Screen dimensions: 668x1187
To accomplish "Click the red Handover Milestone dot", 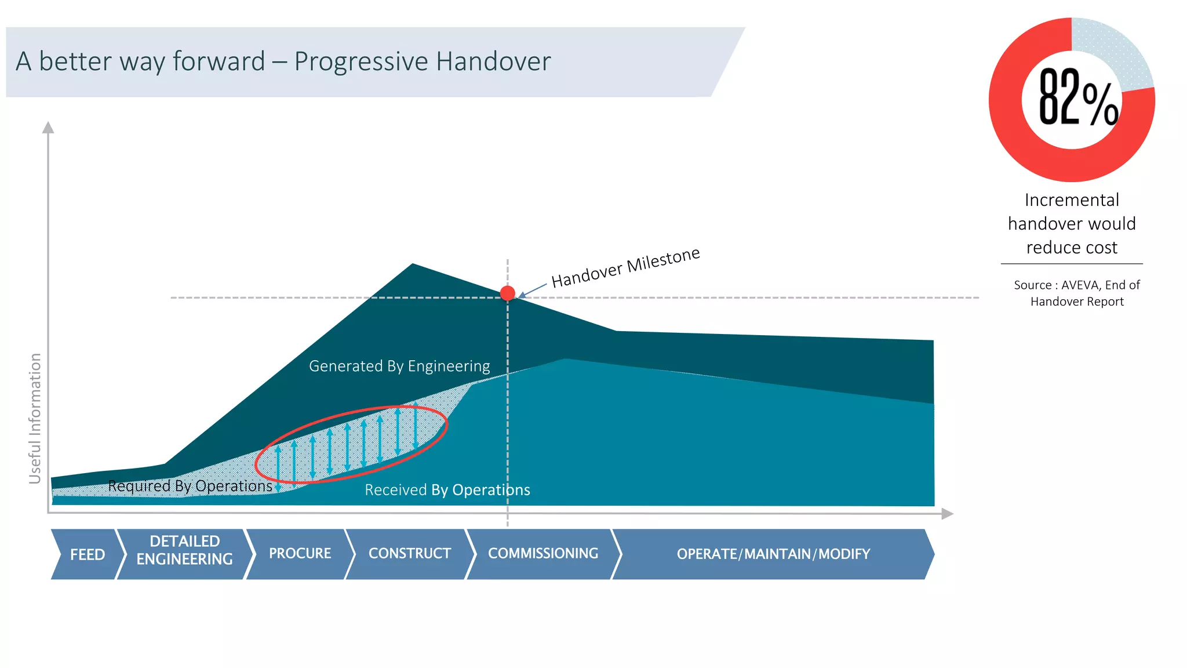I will click(x=507, y=293).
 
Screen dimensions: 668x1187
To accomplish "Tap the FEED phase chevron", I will click(x=87, y=554).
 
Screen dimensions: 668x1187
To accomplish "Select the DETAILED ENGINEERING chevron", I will click(x=184, y=550).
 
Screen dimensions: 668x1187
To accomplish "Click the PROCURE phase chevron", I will click(x=300, y=554).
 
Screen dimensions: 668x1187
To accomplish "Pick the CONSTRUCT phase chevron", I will click(x=409, y=554).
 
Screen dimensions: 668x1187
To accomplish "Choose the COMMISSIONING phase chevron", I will click(x=542, y=554).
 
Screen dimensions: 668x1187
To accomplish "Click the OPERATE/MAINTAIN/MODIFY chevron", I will click(x=773, y=554).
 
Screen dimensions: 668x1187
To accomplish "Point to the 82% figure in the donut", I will click(x=1077, y=97).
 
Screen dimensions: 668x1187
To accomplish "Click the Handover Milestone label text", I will click(x=625, y=267).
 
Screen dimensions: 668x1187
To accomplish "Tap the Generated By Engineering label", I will click(x=399, y=366).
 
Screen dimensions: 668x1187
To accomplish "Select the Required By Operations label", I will click(x=190, y=486).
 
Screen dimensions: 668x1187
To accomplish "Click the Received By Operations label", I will click(x=447, y=491).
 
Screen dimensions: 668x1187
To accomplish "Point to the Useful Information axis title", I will click(x=35, y=418).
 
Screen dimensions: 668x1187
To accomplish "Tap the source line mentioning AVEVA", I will click(x=1076, y=285).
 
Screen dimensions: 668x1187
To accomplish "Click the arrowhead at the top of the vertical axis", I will click(x=48, y=127).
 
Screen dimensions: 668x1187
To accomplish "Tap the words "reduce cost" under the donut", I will click(x=1072, y=248).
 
